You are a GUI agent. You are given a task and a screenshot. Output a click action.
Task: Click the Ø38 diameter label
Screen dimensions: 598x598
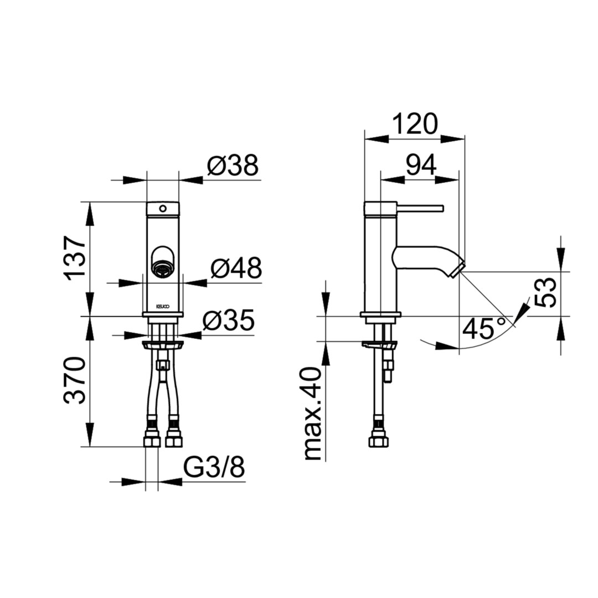233,166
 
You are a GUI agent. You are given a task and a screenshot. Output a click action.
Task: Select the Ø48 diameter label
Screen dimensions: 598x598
236,268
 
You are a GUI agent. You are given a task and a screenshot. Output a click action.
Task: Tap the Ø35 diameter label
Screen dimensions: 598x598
229,321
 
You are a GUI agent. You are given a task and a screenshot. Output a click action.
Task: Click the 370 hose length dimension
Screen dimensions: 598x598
75,380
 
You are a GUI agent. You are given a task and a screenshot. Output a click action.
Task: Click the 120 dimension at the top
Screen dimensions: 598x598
415,123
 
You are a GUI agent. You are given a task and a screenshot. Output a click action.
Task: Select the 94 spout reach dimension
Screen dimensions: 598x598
421,166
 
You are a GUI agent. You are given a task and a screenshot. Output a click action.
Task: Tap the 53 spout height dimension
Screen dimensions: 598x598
545,292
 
